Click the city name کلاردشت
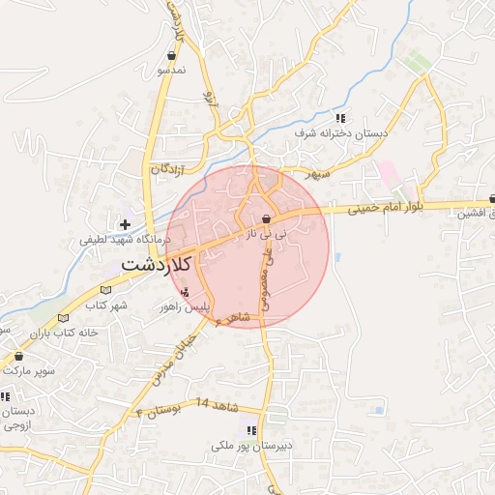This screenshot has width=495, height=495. pos(158,263)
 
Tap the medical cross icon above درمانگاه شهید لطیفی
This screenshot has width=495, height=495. pos(125,224)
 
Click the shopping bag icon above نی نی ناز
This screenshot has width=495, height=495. pos(266,218)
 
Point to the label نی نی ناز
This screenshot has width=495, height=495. pos(267,233)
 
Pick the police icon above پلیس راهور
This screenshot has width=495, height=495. pos(185,292)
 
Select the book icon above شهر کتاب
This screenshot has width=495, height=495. pos(64,318)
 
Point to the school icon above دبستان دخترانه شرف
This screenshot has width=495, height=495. pos(340,117)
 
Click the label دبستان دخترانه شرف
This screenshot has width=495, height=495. pos(342,131)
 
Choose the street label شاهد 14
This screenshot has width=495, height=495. pos(215,401)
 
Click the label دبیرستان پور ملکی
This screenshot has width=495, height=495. pos(250,447)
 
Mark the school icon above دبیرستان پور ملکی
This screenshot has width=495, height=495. pos(251,430)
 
